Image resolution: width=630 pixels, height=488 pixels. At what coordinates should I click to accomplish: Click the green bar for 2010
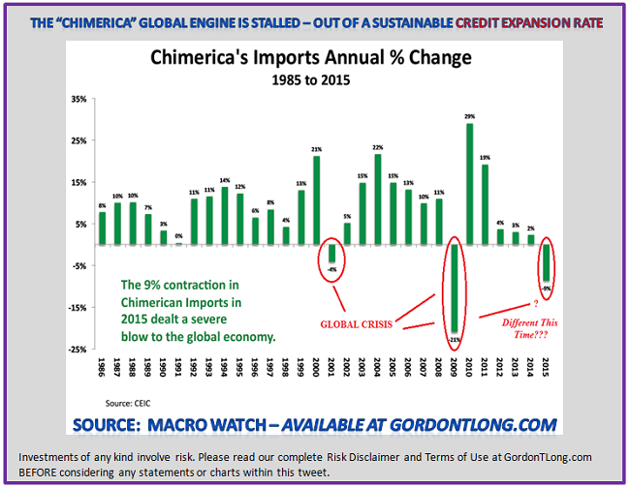tap(470, 184)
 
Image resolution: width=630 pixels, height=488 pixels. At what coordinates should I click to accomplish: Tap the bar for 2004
tap(378, 199)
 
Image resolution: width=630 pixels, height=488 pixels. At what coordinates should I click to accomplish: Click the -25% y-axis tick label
tap(79, 350)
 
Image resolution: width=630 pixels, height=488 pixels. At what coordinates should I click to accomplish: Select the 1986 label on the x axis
tap(103, 370)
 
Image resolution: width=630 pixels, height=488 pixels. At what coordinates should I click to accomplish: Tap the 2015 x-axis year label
tap(547, 370)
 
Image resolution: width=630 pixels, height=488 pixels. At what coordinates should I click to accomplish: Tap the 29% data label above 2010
tap(470, 117)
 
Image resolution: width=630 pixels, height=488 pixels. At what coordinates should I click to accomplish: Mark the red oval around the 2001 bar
tap(331, 261)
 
